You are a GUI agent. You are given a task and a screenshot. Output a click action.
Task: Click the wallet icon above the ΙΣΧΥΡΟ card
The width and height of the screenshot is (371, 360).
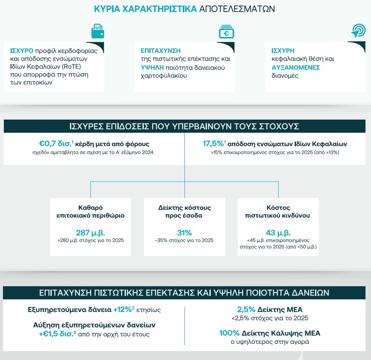(98, 31)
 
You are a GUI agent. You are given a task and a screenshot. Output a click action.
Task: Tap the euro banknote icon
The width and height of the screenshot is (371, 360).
(226, 31)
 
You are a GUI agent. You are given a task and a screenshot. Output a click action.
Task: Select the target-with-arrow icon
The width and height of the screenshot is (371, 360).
(358, 30)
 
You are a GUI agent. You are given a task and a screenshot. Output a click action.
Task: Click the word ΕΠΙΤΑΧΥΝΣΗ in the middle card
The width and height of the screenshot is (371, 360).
(161, 50)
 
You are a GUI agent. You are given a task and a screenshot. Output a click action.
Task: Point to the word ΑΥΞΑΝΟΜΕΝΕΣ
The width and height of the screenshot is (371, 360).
(296, 67)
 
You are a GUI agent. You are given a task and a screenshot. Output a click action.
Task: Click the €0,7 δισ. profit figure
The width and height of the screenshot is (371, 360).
(56, 144)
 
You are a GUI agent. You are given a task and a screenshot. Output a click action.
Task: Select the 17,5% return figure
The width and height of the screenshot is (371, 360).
(213, 143)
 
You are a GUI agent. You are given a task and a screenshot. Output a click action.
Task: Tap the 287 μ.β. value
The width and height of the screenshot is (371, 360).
(90, 233)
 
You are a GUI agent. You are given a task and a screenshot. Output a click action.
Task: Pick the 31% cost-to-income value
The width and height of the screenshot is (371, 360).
(184, 233)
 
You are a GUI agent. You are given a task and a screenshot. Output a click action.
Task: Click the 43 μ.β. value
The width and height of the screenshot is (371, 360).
(278, 233)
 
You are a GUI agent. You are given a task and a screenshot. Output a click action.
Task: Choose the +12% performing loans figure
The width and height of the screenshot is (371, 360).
(123, 310)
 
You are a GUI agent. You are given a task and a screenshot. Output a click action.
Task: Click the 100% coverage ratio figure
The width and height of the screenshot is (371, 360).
(229, 333)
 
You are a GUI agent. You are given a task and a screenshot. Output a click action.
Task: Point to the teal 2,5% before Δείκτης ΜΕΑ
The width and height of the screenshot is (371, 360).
(246, 310)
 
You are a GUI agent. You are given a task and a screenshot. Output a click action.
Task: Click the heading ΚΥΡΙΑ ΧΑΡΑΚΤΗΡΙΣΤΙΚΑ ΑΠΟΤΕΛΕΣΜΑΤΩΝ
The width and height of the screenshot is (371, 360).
(184, 9)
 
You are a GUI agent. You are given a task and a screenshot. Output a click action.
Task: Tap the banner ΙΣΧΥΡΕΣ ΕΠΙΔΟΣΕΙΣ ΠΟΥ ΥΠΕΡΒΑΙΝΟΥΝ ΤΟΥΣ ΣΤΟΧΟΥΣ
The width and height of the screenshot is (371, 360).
(184, 126)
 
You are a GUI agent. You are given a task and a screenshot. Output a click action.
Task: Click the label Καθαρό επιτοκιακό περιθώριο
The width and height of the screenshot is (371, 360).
(90, 212)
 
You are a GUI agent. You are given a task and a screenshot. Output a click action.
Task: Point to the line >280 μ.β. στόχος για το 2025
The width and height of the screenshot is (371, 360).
(90, 240)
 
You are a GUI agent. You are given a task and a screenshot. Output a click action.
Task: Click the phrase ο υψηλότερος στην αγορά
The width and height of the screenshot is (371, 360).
(270, 342)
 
